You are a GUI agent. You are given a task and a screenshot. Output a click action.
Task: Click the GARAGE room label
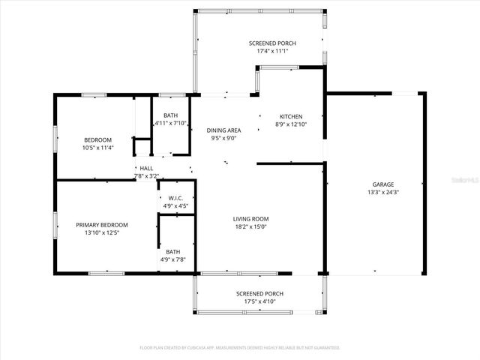click(382, 184)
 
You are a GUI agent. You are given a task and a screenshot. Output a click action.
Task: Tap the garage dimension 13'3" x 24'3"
click(382, 193)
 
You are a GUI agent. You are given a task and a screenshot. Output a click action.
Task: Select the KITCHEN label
click(291, 116)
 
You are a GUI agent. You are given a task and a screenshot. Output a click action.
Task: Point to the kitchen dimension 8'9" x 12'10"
click(291, 124)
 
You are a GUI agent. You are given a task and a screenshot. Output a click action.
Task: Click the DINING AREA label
click(223, 130)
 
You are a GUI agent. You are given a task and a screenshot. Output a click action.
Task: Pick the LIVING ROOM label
click(250, 218)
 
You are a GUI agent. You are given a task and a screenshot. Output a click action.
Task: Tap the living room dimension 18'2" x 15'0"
click(250, 226)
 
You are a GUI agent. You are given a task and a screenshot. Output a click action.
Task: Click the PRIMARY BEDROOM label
click(102, 224)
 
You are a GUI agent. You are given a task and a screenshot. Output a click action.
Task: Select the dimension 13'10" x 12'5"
click(102, 232)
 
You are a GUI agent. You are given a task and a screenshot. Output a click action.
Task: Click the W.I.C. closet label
click(175, 198)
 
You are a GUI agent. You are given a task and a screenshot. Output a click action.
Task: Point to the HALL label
click(146, 168)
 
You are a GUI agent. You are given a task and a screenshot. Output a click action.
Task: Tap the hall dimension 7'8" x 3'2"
click(146, 175)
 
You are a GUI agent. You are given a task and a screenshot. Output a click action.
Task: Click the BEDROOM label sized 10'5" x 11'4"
click(97, 139)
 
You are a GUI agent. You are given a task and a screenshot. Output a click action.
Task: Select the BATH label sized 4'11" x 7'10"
click(172, 114)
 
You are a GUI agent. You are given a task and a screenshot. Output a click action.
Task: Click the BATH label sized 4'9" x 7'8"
click(172, 252)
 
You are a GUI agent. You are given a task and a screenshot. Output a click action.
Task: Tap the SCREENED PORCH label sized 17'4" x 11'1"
click(272, 43)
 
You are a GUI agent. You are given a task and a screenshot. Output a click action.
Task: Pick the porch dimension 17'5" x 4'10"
click(259, 301)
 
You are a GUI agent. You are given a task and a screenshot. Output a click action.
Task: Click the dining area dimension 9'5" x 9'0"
click(223, 138)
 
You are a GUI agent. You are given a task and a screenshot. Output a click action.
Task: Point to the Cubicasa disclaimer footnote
click(240, 348)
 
